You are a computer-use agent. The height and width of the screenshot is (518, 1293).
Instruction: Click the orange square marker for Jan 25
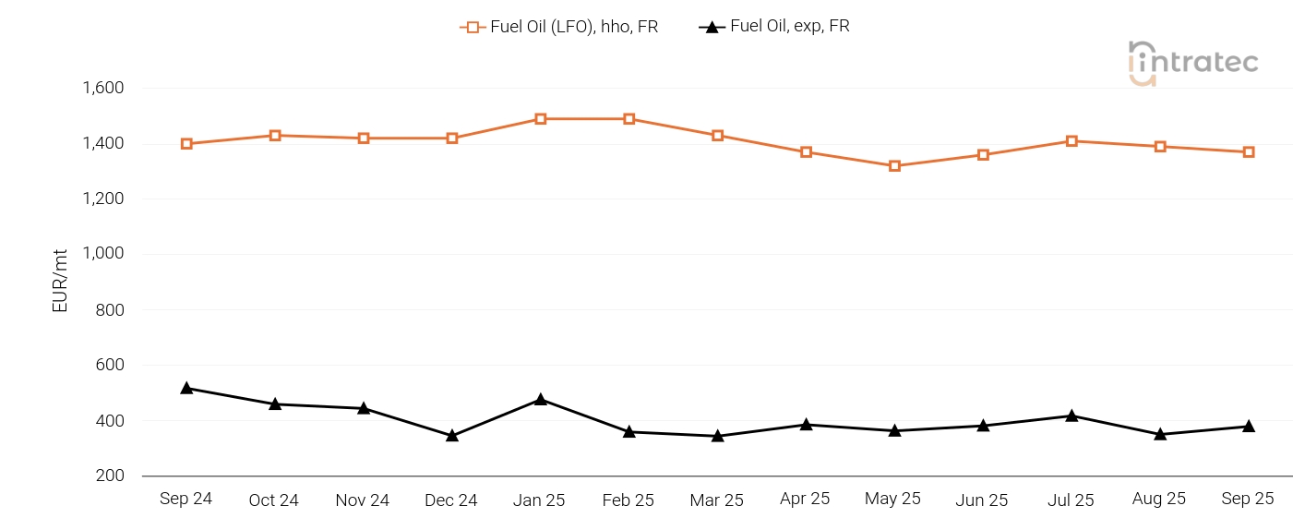541,119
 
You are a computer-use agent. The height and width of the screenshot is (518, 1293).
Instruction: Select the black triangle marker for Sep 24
186,388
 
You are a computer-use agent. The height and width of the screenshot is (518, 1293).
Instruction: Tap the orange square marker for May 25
894,166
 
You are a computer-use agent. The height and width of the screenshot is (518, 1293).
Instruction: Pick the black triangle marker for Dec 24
452,435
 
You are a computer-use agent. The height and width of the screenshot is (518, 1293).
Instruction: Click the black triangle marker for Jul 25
1072,416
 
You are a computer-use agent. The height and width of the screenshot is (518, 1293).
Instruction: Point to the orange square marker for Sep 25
1249,152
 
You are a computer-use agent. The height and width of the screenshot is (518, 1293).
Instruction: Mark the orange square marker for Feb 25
629,119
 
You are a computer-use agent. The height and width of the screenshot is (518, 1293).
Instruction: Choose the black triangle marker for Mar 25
718,436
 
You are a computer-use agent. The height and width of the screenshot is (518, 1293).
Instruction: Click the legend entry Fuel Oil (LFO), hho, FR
559,27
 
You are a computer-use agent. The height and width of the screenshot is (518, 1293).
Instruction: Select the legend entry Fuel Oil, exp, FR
775,27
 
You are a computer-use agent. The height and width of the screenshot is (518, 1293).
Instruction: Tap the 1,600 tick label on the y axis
103,89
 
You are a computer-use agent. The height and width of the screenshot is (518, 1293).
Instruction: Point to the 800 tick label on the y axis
110,310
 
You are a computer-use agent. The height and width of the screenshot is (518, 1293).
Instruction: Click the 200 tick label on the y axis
110,476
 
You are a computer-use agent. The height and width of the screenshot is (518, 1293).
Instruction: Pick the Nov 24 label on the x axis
363,500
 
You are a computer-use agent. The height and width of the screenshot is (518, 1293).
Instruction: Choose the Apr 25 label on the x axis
805,499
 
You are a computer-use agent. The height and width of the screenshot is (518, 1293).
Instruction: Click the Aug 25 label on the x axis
1159,499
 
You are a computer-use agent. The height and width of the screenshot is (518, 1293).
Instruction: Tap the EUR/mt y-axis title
61,281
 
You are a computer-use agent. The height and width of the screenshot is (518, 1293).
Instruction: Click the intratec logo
1193,63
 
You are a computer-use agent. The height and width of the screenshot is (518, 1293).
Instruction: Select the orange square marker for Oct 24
275,136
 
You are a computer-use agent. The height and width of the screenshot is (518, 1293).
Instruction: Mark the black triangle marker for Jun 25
983,426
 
